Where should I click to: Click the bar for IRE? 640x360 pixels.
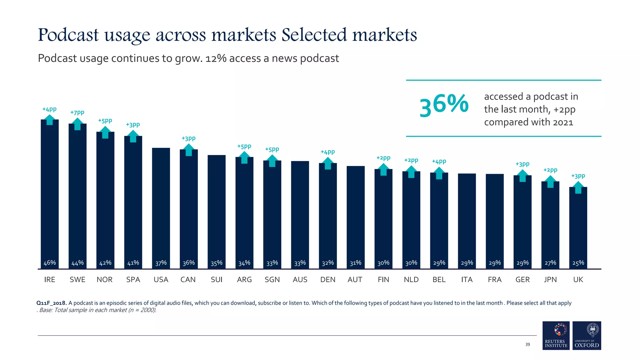click(x=50, y=194)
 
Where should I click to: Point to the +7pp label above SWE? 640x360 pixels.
click(x=77, y=112)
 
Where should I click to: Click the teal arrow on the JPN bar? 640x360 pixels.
click(x=550, y=182)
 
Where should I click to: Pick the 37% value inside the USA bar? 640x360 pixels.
click(x=161, y=263)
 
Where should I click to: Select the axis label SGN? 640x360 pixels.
click(x=272, y=280)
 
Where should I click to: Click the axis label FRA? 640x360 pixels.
click(x=495, y=280)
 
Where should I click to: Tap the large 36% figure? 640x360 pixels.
click(x=444, y=106)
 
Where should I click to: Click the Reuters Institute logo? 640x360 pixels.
click(x=556, y=335)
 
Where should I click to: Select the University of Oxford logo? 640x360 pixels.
click(x=587, y=335)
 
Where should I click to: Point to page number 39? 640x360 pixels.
click(x=527, y=344)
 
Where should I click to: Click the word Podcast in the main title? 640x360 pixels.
click(x=68, y=35)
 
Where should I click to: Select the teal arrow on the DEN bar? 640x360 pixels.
click(x=328, y=163)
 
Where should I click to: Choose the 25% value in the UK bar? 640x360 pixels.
click(x=578, y=263)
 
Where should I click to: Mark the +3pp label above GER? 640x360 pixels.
click(x=522, y=164)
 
